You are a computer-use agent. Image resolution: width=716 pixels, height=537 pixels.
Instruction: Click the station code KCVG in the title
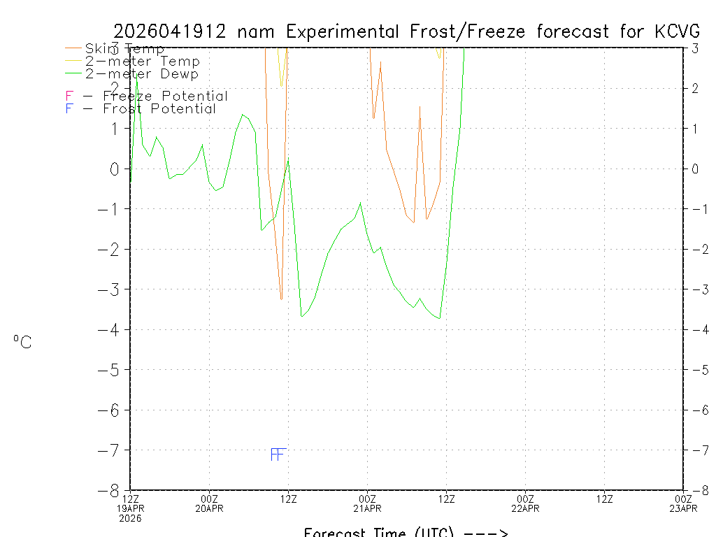pyautogui.click(x=678, y=31)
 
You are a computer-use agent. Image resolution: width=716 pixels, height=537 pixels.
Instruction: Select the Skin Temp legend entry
pyautogui.click(x=124, y=49)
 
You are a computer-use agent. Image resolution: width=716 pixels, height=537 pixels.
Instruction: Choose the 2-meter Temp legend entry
pyautogui.click(x=142, y=62)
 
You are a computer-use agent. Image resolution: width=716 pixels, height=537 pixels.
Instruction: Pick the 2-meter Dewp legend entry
pyautogui.click(x=141, y=74)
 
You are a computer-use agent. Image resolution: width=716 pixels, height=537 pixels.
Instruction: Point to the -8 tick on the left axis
pyautogui.click(x=113, y=490)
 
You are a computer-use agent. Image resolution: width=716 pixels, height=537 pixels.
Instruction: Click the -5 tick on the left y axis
pyautogui.click(x=113, y=370)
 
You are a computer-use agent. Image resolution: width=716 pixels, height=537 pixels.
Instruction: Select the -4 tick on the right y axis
pyautogui.click(x=696, y=329)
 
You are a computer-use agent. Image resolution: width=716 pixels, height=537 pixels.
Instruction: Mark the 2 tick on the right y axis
pyautogui.click(x=696, y=89)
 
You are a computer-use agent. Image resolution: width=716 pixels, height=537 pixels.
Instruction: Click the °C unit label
pyautogui.click(x=22, y=342)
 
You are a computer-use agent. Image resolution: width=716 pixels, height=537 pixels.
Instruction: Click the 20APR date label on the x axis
pyautogui.click(x=209, y=508)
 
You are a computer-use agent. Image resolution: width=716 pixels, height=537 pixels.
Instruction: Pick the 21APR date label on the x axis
pyautogui.click(x=367, y=508)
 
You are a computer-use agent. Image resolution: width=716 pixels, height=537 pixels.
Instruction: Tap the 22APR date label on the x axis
pyautogui.click(x=525, y=508)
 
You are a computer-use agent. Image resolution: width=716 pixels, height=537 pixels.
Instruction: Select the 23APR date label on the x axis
pyautogui.click(x=683, y=508)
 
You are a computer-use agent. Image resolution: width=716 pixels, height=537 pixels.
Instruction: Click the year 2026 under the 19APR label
pyautogui.click(x=130, y=518)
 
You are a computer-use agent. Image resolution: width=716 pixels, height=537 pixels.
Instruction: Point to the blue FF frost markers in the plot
pyautogui.click(x=278, y=454)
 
